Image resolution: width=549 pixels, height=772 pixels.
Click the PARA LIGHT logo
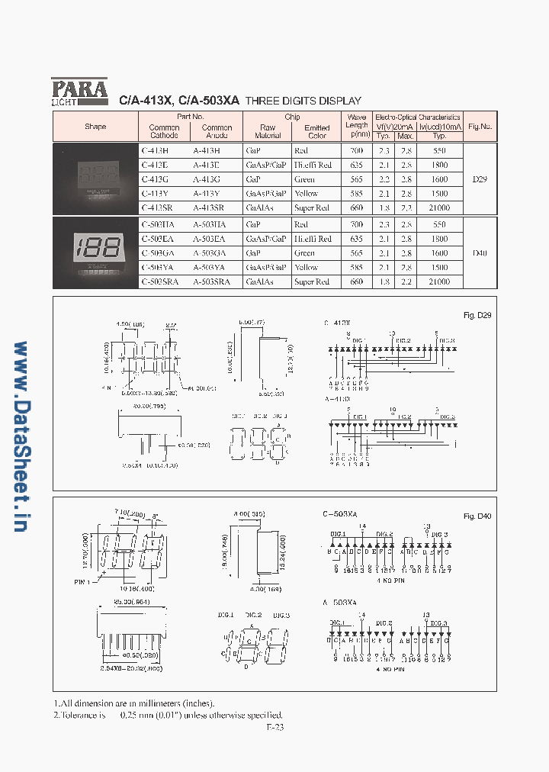tap(79, 92)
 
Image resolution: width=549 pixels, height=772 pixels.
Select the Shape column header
tap(95, 127)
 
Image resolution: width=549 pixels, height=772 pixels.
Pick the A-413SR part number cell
tap(207, 207)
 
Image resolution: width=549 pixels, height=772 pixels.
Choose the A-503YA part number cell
tap(209, 268)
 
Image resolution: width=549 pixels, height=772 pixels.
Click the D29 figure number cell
tap(480, 179)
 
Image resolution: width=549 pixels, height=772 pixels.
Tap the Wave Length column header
tap(357, 127)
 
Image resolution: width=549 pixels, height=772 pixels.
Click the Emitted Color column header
tap(316, 131)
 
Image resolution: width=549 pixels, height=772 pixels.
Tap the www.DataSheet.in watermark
tap(21, 436)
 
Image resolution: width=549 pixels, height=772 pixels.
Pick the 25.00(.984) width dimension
tap(129, 603)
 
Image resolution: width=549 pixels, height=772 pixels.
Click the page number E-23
tap(275, 727)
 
